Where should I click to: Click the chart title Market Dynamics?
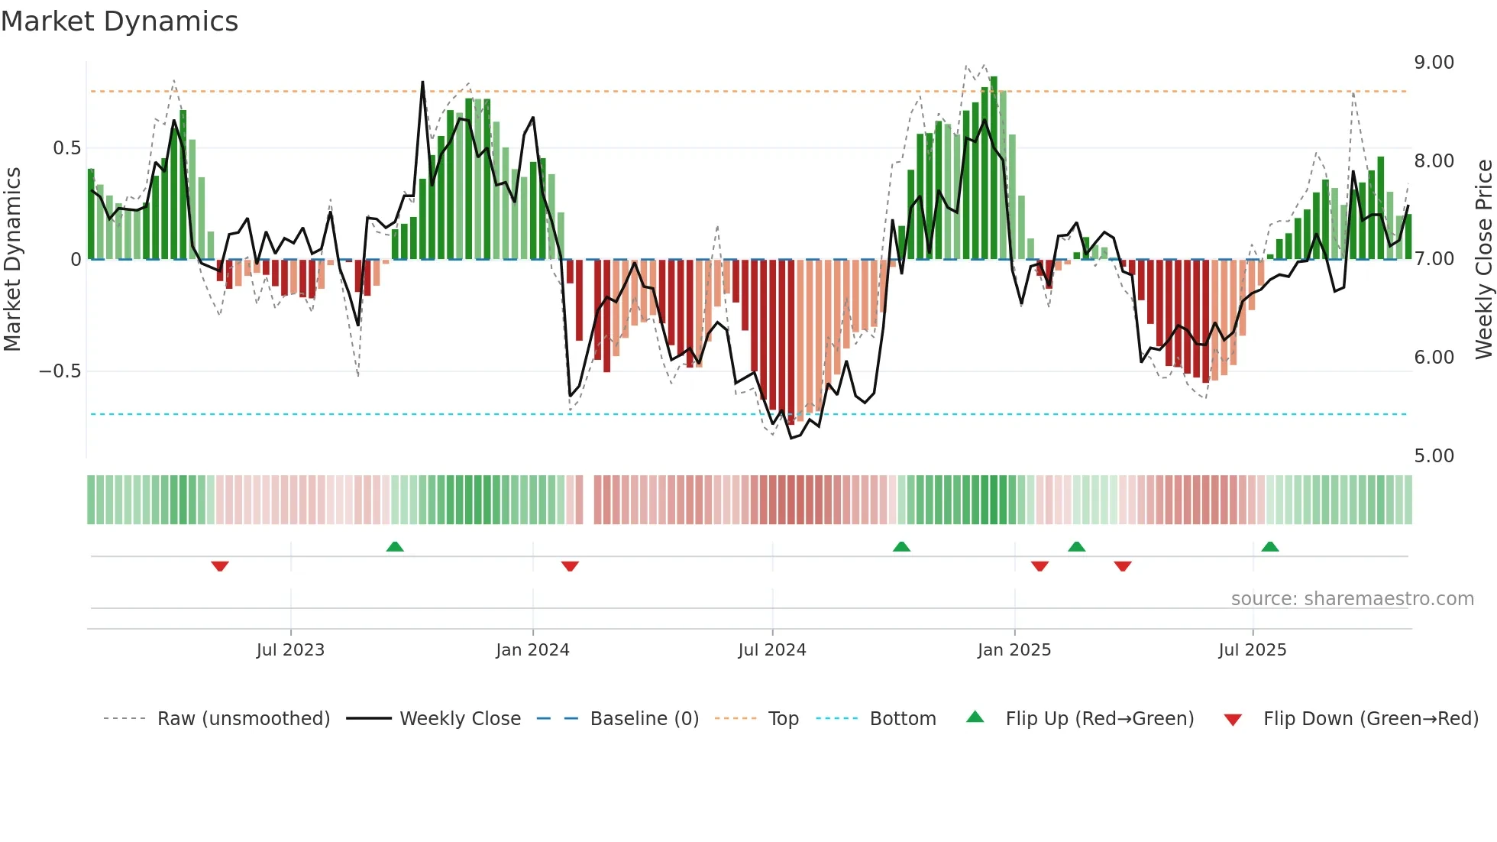[119, 21]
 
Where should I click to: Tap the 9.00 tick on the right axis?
[1434, 63]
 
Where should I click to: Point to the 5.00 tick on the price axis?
[1434, 456]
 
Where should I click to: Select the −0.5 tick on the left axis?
[60, 371]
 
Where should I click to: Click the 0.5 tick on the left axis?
[66, 148]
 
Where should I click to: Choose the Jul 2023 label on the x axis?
[290, 650]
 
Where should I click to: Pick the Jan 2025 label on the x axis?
[1014, 650]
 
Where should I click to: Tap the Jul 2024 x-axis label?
[771, 650]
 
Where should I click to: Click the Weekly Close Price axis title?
[1483, 260]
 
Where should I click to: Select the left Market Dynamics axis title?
[12, 260]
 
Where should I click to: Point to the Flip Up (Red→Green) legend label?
[1099, 719]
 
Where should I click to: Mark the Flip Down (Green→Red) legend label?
[1370, 719]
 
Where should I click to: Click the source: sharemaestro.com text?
[1352, 599]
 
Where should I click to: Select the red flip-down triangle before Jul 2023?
[220, 566]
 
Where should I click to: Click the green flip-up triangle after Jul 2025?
[1270, 546]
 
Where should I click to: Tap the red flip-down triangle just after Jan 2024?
[570, 566]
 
